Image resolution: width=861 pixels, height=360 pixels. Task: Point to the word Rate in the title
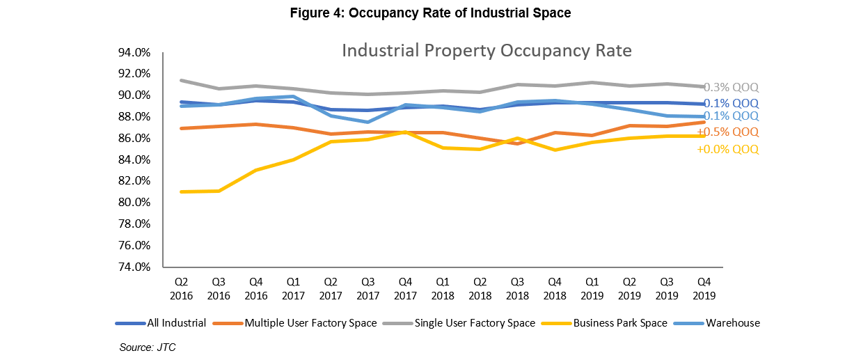point(613,52)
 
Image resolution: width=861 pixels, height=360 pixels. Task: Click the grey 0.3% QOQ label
point(731,88)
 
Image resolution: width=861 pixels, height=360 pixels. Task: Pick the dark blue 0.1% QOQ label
point(731,104)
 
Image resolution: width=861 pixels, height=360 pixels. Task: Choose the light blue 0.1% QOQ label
point(731,116)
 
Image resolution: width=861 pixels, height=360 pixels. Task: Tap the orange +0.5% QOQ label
point(728,132)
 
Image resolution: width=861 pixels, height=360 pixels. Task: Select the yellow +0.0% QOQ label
point(728,149)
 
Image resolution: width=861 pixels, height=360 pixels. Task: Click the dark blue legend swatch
point(130,323)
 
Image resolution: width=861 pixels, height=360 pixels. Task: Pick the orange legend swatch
point(228,323)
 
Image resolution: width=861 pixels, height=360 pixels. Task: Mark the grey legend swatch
point(397,323)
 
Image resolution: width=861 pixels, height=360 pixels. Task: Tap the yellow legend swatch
point(556,323)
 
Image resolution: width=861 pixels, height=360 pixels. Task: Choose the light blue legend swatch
point(689,323)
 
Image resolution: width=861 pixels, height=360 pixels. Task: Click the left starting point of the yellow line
point(181,191)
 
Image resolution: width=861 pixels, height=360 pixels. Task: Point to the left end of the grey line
point(181,80)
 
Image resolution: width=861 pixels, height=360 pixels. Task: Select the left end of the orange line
point(181,128)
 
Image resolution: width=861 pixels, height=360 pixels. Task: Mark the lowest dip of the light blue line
point(368,122)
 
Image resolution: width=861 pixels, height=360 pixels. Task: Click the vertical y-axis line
point(163,160)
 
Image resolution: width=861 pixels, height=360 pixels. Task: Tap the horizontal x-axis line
point(443,267)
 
